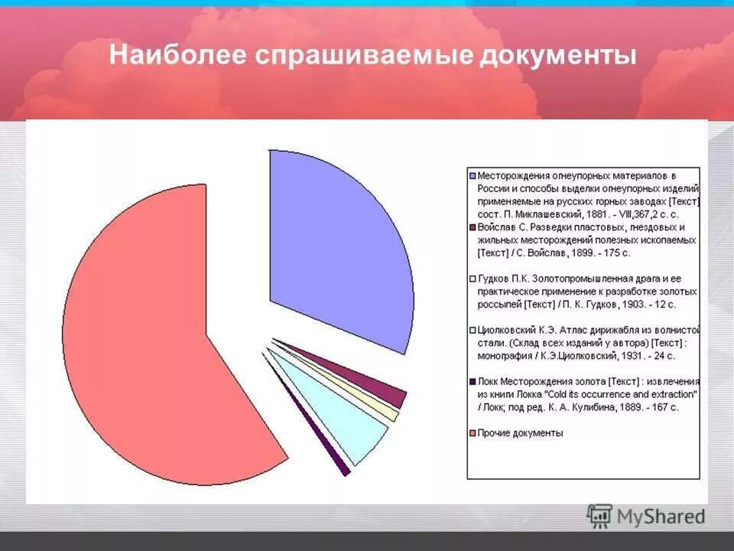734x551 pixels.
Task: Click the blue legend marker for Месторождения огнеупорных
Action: (x=473, y=175)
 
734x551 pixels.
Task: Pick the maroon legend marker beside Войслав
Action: (x=473, y=227)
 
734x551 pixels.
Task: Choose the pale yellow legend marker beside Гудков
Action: (x=473, y=279)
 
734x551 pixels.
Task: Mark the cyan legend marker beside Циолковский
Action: (x=473, y=330)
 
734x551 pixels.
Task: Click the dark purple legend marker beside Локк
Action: (x=473, y=381)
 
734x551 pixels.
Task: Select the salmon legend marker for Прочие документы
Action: (x=473, y=433)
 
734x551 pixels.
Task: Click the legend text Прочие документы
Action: (x=520, y=433)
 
